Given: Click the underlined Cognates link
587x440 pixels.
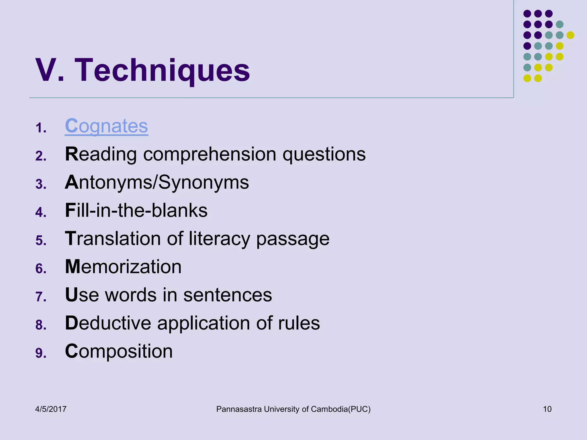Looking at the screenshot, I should (x=106, y=126).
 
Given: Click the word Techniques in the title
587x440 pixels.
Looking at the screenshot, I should (x=162, y=70).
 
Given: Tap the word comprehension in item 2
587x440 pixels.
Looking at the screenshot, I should (x=210, y=155).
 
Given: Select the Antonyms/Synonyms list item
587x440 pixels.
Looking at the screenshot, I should (x=157, y=182).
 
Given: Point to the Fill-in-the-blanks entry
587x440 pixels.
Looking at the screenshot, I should (x=136, y=211).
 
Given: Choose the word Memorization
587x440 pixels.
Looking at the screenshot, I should (x=123, y=267).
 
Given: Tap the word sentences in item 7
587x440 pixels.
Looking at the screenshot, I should (x=228, y=295).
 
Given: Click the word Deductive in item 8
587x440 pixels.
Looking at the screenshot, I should (x=108, y=323).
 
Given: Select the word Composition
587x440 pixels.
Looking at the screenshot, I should (x=119, y=351).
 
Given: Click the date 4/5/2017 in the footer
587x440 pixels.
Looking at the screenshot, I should (x=51, y=409).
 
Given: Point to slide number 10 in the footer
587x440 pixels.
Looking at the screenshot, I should (x=547, y=409).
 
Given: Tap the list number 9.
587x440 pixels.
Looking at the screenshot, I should (x=41, y=353).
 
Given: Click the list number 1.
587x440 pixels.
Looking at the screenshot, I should (x=41, y=128).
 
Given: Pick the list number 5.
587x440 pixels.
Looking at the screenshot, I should (x=41, y=241).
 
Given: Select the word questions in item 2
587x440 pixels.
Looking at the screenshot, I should (x=324, y=155).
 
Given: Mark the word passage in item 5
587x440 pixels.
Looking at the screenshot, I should (x=293, y=239).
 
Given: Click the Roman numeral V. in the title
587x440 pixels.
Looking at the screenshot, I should (x=50, y=70).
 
